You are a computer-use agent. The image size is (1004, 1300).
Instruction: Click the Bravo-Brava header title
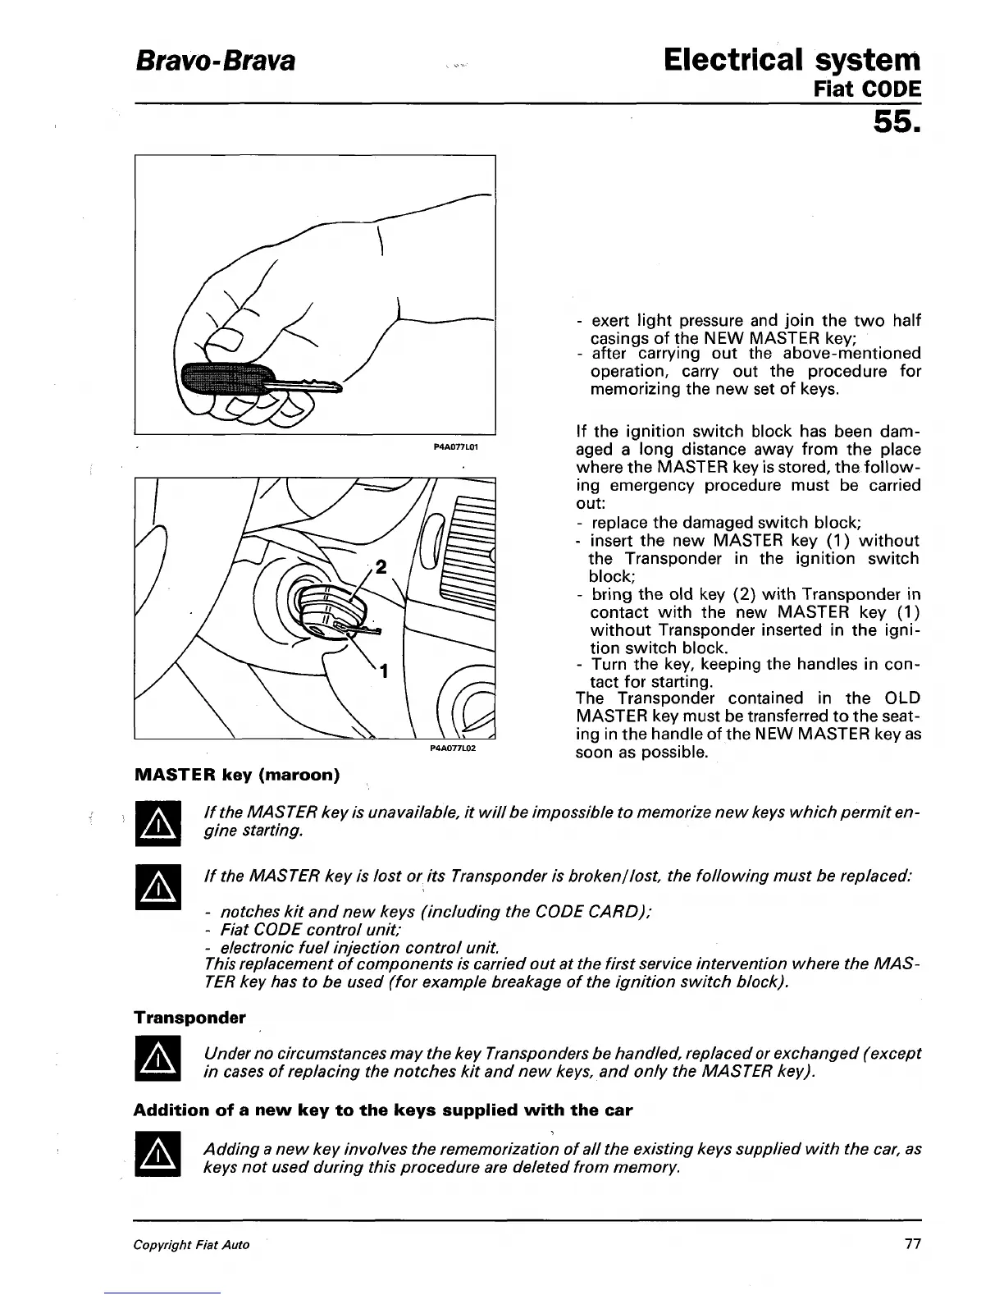point(214,62)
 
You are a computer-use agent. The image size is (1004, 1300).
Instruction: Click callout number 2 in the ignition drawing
point(379,567)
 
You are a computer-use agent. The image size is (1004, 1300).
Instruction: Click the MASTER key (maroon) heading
point(236,775)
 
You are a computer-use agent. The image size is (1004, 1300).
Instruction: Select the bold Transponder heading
point(189,1018)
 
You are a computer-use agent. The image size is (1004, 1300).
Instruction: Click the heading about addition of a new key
point(383,1110)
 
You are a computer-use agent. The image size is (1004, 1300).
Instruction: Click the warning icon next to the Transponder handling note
point(157,1063)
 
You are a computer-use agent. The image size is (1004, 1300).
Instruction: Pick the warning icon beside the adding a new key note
point(157,1156)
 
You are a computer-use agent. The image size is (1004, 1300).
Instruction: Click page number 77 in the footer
point(912,1244)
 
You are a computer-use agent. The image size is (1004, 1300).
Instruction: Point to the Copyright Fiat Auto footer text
point(191,1245)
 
